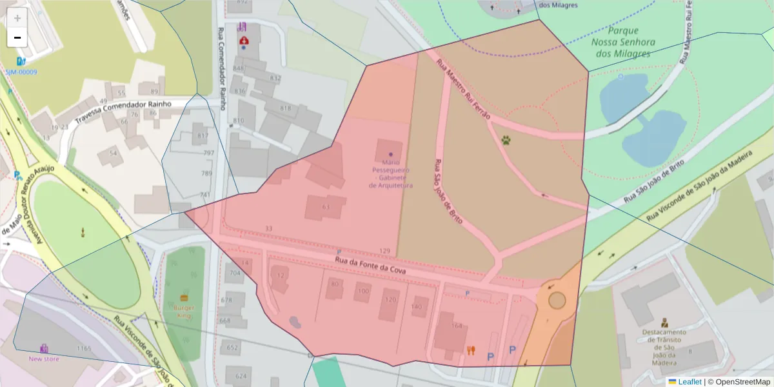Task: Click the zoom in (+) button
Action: pyautogui.click(x=17, y=18)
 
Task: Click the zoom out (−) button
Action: pyautogui.click(x=17, y=37)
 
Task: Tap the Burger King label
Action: pyautogui.click(x=184, y=312)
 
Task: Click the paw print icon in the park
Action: pyautogui.click(x=506, y=139)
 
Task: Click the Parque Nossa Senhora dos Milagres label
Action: pyautogui.click(x=622, y=42)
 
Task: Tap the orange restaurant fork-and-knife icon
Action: pyautogui.click(x=471, y=350)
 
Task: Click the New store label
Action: pyautogui.click(x=43, y=359)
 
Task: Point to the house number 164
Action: pyautogui.click(x=457, y=326)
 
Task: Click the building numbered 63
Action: pyautogui.click(x=326, y=206)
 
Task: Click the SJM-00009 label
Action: pyautogui.click(x=21, y=72)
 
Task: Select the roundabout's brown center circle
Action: pyautogui.click(x=557, y=301)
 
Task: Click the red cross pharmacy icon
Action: pyautogui.click(x=244, y=41)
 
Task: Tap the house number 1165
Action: pyautogui.click(x=84, y=348)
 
